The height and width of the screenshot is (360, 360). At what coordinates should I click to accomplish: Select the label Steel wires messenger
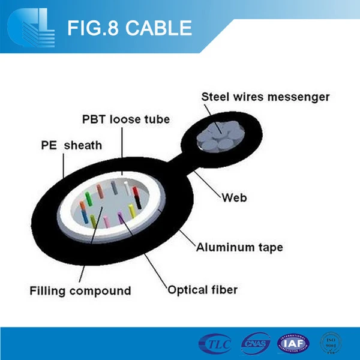265,97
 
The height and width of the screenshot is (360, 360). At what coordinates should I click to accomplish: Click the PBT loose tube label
126,119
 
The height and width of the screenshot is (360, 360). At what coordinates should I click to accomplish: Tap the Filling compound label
80,291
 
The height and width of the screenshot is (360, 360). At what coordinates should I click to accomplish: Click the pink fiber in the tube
106,220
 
